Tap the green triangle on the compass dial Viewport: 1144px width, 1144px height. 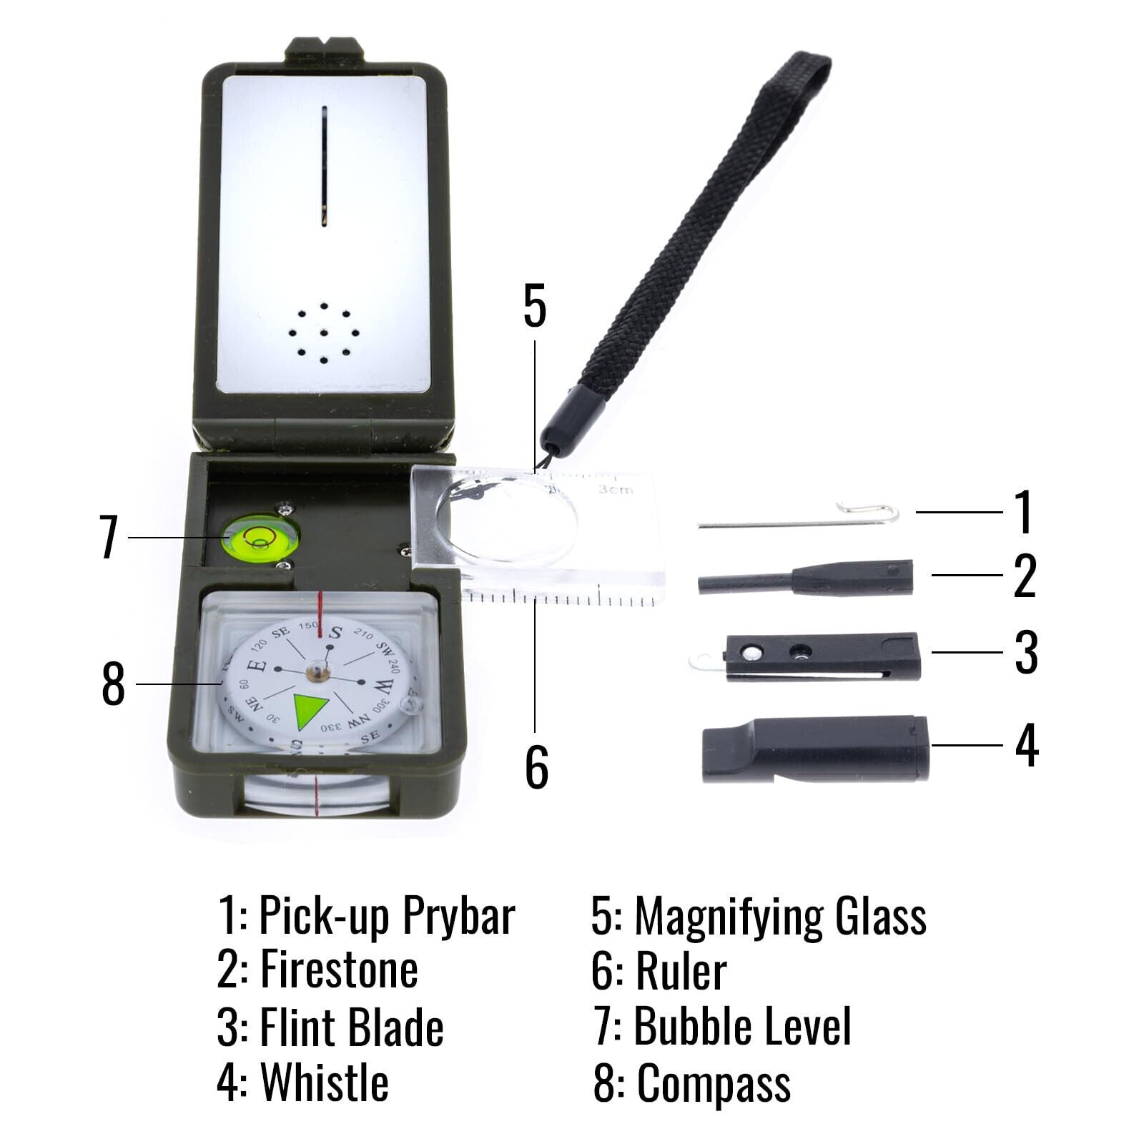[x=310, y=711]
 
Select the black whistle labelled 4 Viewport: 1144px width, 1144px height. [x=815, y=749]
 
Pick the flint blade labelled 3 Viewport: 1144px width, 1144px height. [x=822, y=656]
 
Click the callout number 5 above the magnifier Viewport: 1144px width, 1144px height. [x=535, y=306]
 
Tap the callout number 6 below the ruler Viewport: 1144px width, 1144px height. [x=536, y=767]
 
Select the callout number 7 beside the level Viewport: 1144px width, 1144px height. [x=109, y=537]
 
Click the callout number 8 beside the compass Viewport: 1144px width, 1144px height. [x=113, y=684]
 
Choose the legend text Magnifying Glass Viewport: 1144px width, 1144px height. [x=780, y=916]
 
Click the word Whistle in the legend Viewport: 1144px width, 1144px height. [x=325, y=1082]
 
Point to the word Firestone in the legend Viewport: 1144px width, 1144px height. [x=339, y=970]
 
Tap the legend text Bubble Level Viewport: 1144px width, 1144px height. [x=742, y=1026]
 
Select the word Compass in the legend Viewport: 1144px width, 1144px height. [x=714, y=1083]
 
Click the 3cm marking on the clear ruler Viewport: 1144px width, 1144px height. [x=616, y=489]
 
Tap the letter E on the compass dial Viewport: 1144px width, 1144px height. [x=260, y=665]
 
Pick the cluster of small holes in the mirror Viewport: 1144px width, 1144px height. [x=324, y=333]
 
